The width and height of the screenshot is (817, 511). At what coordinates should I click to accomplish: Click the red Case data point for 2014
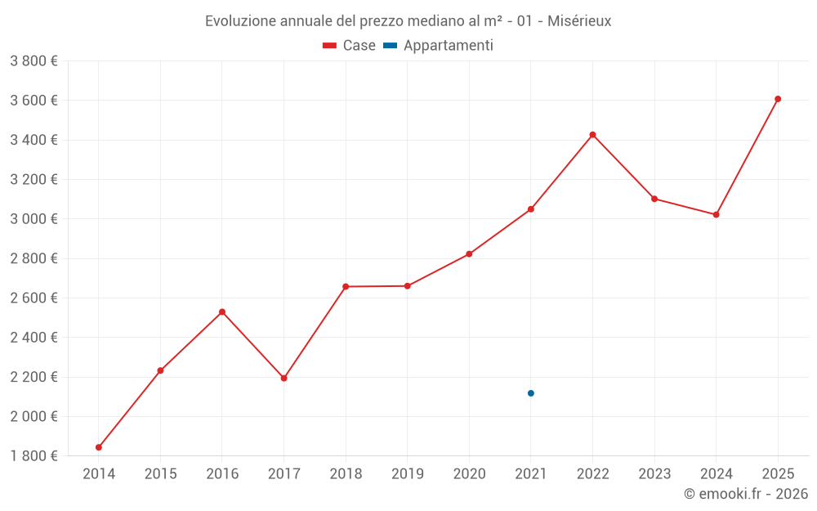pyautogui.click(x=99, y=447)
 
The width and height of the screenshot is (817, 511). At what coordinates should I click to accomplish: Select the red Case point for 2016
pyautogui.click(x=222, y=312)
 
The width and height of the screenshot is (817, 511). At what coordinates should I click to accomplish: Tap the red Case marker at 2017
pyautogui.click(x=283, y=378)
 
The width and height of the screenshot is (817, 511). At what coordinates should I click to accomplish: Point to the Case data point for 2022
pyautogui.click(x=592, y=135)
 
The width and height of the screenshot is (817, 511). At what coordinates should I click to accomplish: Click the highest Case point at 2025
pyautogui.click(x=778, y=99)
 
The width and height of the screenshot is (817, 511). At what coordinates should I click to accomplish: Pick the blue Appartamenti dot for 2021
pyautogui.click(x=531, y=393)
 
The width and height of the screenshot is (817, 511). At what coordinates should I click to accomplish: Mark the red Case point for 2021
pyautogui.click(x=531, y=209)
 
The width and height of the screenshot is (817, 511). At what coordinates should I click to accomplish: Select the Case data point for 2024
pyautogui.click(x=716, y=214)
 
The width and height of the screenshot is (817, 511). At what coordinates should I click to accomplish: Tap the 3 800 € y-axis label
pyautogui.click(x=33, y=61)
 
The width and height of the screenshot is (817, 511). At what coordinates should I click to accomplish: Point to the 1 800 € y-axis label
pyautogui.click(x=33, y=455)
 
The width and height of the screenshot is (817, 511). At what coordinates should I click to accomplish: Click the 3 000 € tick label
pyautogui.click(x=33, y=219)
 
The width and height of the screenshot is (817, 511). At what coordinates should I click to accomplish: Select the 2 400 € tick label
pyautogui.click(x=33, y=337)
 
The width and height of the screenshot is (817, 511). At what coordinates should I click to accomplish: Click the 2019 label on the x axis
pyautogui.click(x=407, y=474)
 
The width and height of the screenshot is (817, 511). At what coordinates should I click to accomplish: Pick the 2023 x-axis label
pyautogui.click(x=654, y=474)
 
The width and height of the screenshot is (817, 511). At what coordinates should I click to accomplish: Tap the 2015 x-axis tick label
pyautogui.click(x=160, y=474)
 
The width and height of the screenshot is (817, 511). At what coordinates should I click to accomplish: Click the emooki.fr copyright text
pyautogui.click(x=745, y=494)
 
